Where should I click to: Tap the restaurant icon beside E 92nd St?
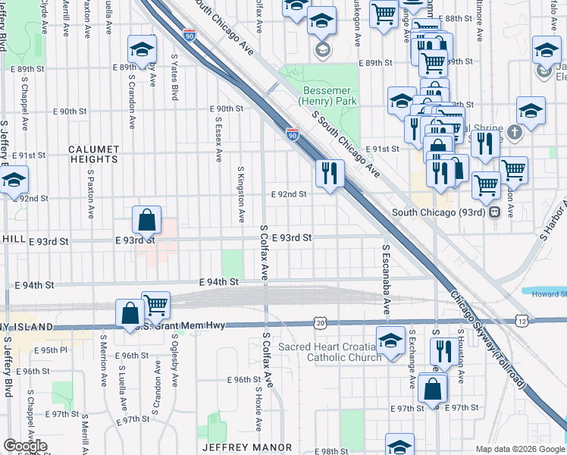click(330, 173)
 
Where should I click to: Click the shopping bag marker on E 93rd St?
click(147, 220)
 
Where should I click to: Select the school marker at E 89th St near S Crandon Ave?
click(141, 49)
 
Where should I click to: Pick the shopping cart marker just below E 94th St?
click(155, 305)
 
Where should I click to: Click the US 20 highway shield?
click(320, 324)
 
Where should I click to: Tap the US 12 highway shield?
click(521, 323)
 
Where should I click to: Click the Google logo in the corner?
click(25, 446)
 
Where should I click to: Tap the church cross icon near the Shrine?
click(515, 133)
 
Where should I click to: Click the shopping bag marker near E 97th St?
click(431, 391)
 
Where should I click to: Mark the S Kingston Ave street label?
click(241, 194)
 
